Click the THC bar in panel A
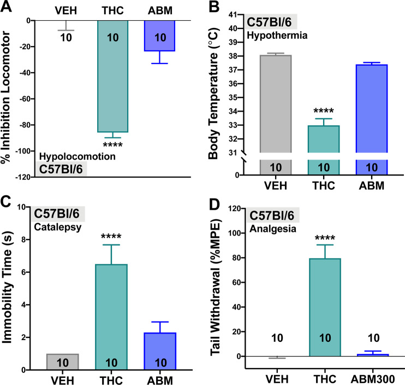point(112,77)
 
